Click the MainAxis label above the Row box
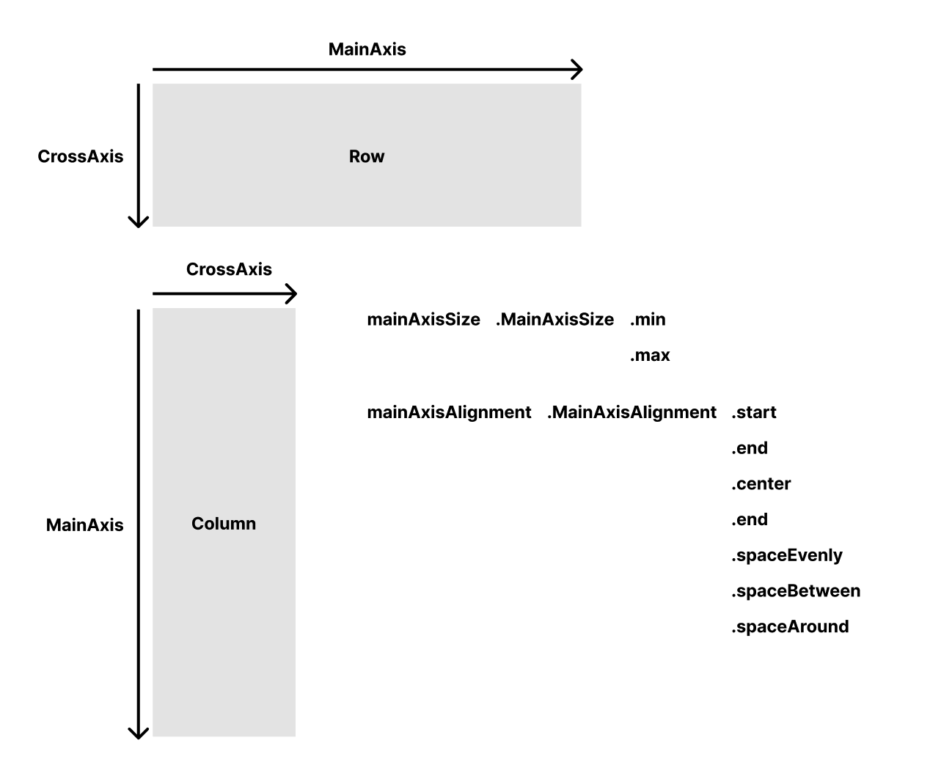(367, 49)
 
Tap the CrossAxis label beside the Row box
(80, 156)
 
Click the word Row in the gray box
(367, 156)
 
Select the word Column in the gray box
(224, 524)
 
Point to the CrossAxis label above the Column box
(229, 269)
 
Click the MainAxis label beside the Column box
(84, 525)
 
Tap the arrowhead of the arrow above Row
(578, 70)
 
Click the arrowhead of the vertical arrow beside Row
(139, 222)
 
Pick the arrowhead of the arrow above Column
(292, 294)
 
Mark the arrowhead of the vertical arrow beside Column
(139, 733)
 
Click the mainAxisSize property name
(423, 320)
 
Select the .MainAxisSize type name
(554, 320)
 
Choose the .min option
(648, 320)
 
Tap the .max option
(650, 356)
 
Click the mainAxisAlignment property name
(449, 412)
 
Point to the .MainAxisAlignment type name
(631, 412)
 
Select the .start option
(753, 412)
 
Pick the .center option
(761, 484)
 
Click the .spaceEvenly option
(786, 555)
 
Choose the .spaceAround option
(790, 627)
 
